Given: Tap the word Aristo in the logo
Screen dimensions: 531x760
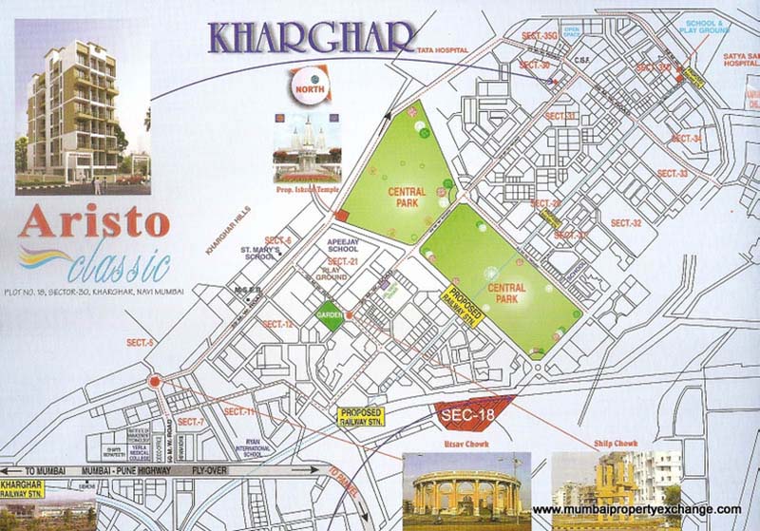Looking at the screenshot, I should [x=93, y=222].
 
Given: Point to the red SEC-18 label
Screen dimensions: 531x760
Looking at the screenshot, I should [x=465, y=413].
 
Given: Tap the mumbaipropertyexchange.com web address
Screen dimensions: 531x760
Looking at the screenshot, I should [x=636, y=510].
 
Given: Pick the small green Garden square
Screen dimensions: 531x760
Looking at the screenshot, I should [x=330, y=317].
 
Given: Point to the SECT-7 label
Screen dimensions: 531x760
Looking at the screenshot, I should [x=190, y=421].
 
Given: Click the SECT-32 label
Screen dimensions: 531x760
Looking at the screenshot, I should [x=626, y=223].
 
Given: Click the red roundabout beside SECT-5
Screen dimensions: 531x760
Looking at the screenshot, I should [x=154, y=382].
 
